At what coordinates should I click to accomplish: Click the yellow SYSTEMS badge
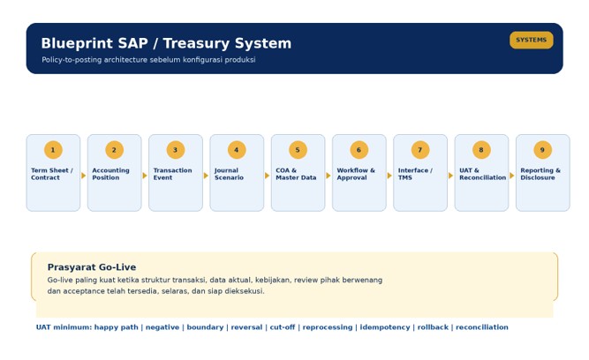531,41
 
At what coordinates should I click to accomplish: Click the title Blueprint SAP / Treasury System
166,43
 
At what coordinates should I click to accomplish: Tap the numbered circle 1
53,150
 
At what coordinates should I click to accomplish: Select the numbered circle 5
298,150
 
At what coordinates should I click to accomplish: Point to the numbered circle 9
542,150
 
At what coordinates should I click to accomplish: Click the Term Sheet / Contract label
52,174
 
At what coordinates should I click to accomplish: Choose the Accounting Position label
110,174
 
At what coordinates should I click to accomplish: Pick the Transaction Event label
172,174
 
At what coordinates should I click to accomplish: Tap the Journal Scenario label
229,174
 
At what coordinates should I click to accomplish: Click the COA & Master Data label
296,174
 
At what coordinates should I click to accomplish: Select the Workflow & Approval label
356,174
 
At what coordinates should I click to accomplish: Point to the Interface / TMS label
415,174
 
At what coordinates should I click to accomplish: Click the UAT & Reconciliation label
483,174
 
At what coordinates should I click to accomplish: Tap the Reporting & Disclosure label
540,174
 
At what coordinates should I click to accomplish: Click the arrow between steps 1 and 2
83,176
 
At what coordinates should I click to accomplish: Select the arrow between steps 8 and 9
511,176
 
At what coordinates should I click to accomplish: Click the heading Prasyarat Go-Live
92,267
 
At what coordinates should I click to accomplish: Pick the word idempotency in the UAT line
385,327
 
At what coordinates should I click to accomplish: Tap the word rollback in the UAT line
433,327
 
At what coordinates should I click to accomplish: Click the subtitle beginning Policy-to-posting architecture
148,60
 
